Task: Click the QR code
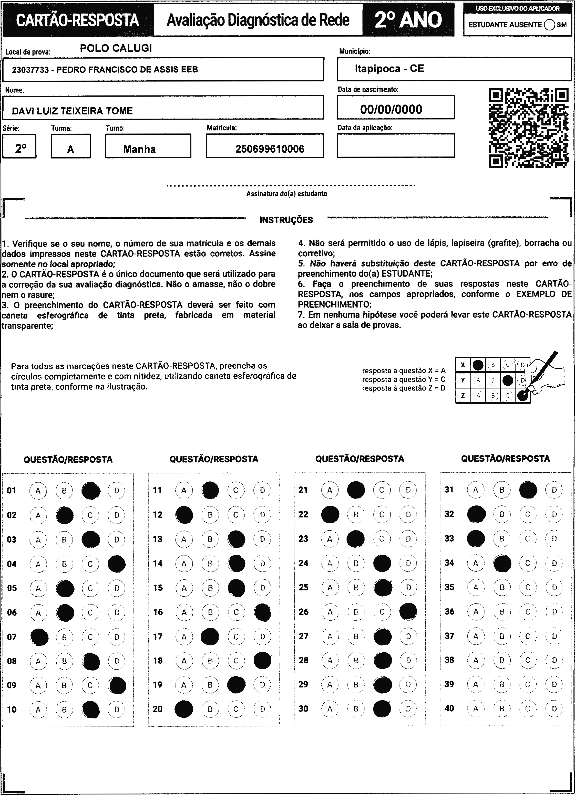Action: click(528, 128)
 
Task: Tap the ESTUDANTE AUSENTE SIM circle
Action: click(549, 25)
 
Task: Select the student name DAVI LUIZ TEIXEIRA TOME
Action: click(72, 111)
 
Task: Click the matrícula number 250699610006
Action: click(269, 149)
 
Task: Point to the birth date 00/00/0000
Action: click(391, 109)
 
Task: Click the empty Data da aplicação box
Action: click(395, 145)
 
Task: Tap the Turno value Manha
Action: click(139, 149)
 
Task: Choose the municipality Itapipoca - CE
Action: click(389, 69)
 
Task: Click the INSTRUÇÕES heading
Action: click(286, 220)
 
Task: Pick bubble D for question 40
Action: click(554, 708)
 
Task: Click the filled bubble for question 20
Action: click(184, 709)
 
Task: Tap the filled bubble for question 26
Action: click(408, 612)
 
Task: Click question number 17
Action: click(158, 636)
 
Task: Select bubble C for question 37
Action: click(528, 636)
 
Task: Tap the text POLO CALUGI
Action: click(116, 48)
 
